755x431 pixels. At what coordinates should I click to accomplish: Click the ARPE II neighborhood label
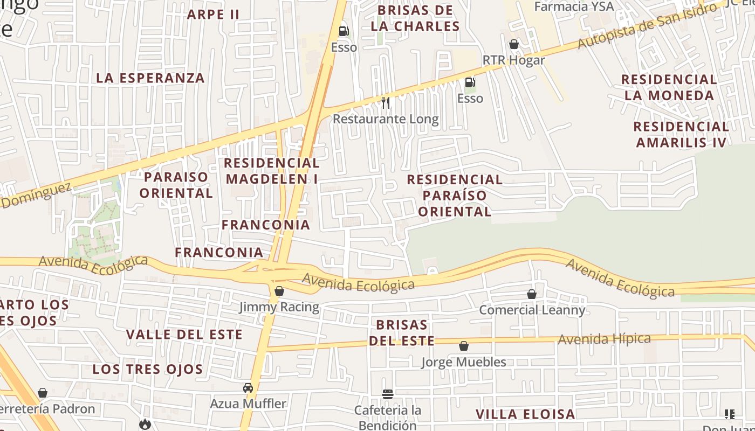tap(213, 15)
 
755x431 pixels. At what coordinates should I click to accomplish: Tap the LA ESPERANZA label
tap(150, 78)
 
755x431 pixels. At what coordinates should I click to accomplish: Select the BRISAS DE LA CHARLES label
tap(415, 18)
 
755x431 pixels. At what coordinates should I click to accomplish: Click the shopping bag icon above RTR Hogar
tap(514, 44)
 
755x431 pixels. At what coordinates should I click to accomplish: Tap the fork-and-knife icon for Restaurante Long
tap(385, 102)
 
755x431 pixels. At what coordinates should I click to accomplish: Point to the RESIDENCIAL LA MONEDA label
tap(669, 88)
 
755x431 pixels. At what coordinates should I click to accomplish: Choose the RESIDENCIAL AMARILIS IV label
tap(681, 135)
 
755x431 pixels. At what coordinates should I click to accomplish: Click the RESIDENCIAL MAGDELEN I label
tap(272, 171)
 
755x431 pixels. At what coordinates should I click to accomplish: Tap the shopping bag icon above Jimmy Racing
tap(279, 291)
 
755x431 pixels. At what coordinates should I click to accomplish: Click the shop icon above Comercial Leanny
tap(532, 294)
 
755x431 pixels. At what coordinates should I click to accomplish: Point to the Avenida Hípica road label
tap(604, 339)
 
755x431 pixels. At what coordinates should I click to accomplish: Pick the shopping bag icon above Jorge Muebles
tap(464, 346)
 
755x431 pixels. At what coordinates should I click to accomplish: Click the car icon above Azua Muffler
tap(248, 388)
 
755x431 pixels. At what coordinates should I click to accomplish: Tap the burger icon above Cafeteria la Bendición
tap(387, 394)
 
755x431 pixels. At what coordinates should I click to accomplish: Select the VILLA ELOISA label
tap(525, 414)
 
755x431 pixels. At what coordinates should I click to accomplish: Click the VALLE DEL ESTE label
tap(184, 335)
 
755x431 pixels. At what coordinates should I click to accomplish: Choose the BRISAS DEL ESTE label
tap(402, 333)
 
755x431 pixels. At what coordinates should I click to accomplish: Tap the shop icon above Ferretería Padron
tap(43, 393)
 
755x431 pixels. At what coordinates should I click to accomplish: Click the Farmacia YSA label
tap(574, 6)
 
